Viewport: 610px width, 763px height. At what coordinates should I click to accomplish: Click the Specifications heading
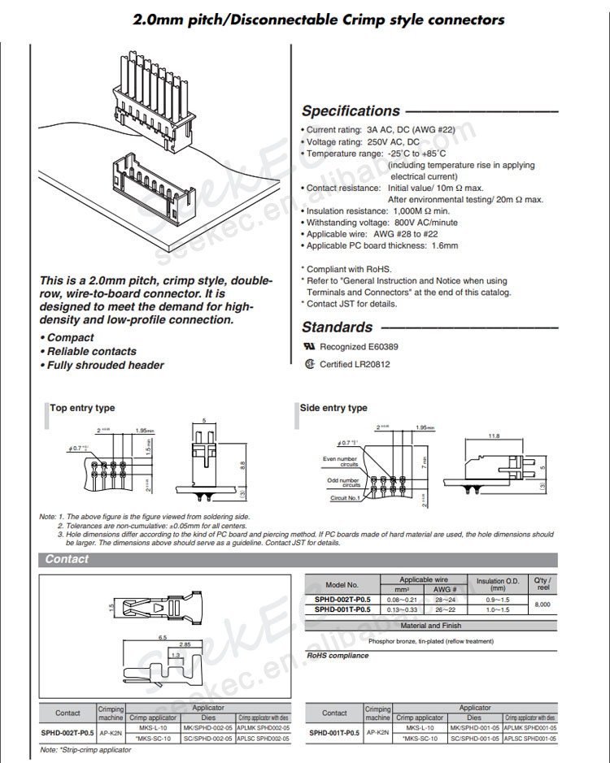tap(351, 111)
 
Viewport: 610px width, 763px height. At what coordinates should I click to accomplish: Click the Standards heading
tap(337, 327)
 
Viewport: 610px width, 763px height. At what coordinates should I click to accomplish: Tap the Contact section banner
tap(67, 559)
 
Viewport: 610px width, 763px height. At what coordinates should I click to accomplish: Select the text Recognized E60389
tap(359, 347)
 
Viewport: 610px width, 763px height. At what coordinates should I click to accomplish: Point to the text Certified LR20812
tap(355, 365)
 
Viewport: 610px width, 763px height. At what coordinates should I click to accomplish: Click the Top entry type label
tap(83, 408)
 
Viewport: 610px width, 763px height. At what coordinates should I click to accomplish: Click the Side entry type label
tap(334, 408)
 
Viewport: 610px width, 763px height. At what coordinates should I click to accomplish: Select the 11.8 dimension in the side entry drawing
tap(494, 436)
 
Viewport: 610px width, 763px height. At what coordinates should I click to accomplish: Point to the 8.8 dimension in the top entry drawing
tap(242, 465)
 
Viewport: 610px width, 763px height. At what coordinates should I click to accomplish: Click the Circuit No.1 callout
tap(344, 498)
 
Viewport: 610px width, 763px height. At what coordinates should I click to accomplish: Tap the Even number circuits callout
tap(340, 462)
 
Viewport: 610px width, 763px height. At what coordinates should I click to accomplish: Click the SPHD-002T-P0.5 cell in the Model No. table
tap(342, 600)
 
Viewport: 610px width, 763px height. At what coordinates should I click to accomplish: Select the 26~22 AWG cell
tap(444, 609)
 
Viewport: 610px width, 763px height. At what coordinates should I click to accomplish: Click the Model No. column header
tap(342, 584)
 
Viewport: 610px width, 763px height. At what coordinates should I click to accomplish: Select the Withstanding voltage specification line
tap(381, 223)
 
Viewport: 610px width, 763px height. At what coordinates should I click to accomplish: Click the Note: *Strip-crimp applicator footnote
tap(85, 749)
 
